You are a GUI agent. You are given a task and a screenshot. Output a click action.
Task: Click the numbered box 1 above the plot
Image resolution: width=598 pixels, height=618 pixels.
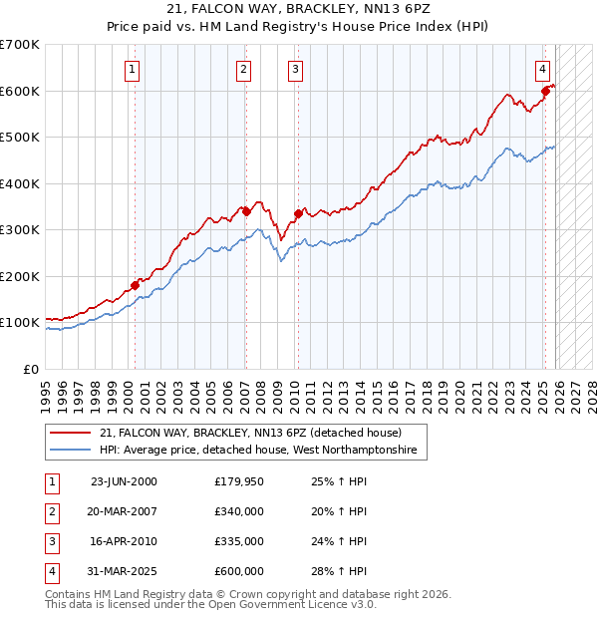(134, 69)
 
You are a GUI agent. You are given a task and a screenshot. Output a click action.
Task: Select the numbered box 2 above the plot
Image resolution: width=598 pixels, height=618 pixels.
(244, 69)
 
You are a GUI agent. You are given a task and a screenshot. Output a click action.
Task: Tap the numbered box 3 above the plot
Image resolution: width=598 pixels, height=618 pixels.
(296, 69)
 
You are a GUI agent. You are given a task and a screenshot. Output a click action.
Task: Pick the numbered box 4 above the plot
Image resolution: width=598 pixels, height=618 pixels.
(542, 69)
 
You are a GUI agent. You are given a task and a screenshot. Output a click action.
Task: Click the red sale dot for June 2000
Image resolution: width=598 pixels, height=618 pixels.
(135, 286)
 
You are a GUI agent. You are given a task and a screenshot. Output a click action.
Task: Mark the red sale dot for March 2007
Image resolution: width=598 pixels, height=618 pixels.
(246, 211)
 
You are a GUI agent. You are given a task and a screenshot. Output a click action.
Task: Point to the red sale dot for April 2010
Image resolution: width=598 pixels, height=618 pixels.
(298, 213)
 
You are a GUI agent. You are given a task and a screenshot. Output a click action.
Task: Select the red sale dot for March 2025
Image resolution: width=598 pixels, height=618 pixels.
(545, 92)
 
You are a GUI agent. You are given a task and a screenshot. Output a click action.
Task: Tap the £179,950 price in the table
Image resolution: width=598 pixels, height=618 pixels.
(239, 481)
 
